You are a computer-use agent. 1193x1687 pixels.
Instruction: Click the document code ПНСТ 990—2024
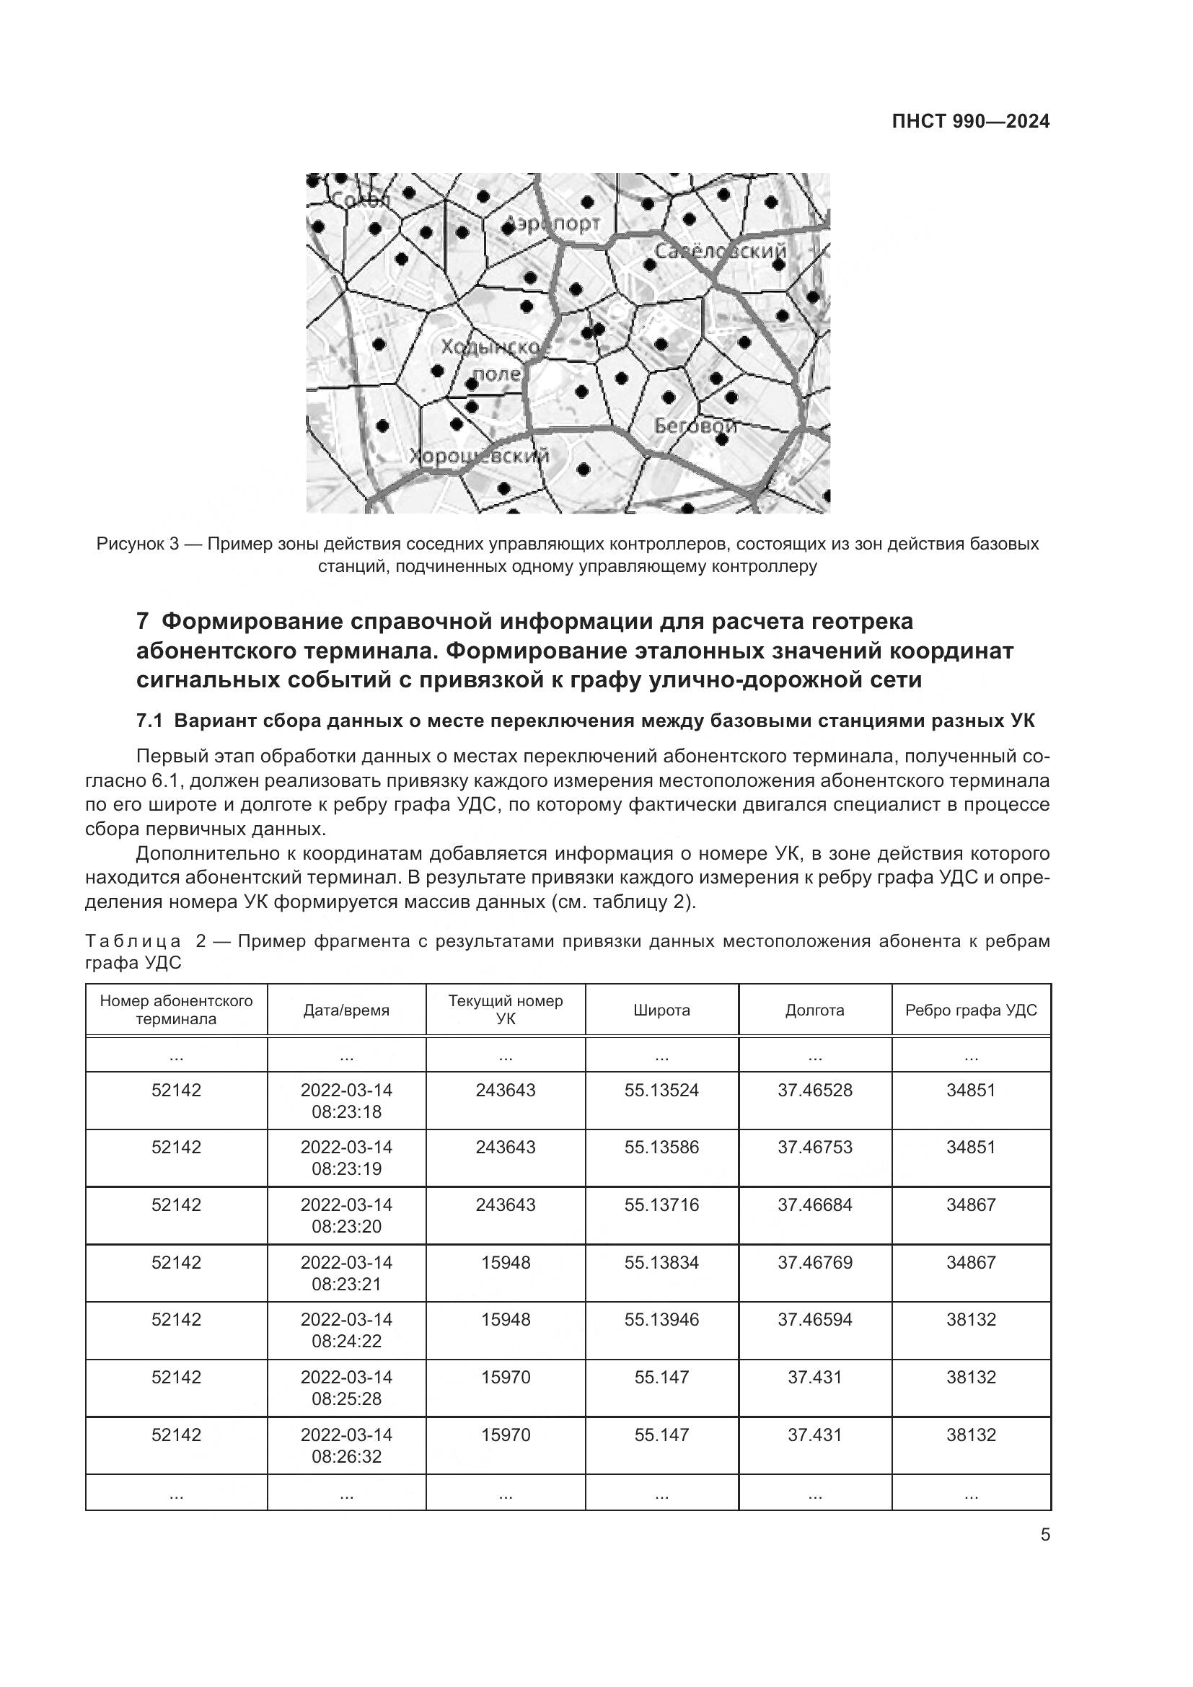click(970, 122)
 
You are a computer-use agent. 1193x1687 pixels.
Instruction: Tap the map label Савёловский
click(719, 251)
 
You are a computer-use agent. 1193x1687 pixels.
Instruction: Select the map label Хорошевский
click(479, 457)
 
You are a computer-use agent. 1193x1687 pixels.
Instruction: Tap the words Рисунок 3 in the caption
click(137, 545)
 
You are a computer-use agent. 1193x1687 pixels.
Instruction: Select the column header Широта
click(661, 1010)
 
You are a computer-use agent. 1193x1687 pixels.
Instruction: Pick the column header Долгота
click(814, 1010)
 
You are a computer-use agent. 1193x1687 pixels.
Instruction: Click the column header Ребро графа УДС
click(970, 1010)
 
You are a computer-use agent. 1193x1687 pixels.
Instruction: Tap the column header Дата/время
click(346, 1010)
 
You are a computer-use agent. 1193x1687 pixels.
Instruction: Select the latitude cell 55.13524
click(661, 1091)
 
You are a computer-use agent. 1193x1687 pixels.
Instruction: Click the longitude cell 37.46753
click(814, 1148)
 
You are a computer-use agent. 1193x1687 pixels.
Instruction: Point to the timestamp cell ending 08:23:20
click(346, 1216)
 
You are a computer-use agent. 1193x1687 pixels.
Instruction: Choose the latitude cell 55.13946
click(661, 1320)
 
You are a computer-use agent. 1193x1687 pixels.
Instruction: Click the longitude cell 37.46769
click(814, 1262)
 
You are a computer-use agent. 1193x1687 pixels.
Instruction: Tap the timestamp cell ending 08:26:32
click(346, 1445)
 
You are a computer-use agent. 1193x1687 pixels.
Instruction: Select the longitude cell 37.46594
click(814, 1320)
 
